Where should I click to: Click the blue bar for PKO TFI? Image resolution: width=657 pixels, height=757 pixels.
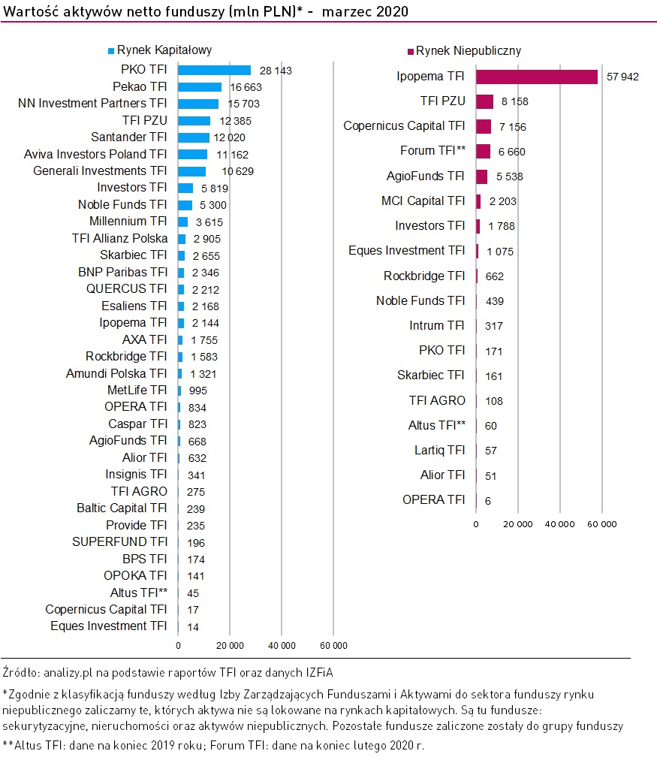point(214,70)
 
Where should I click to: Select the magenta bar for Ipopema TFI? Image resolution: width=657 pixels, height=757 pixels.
point(536,77)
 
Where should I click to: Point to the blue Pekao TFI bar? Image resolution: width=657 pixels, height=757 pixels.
point(200,87)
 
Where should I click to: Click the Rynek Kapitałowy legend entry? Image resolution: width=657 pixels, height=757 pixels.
point(159,50)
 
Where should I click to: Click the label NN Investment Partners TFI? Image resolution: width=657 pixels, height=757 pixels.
point(92,104)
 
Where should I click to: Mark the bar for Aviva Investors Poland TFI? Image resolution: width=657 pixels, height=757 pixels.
point(192,154)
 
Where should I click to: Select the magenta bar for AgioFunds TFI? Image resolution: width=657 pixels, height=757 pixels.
point(481,176)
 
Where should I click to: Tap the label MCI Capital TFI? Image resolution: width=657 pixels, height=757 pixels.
point(423,201)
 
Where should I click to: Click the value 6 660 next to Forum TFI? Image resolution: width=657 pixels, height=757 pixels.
point(511,152)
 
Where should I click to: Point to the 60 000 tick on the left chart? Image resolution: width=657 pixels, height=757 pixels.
point(333,645)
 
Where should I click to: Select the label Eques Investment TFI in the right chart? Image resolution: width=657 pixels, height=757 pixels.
point(407,250)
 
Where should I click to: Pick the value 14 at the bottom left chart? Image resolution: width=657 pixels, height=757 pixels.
point(194,627)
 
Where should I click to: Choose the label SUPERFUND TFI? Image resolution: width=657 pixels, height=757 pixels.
point(119,541)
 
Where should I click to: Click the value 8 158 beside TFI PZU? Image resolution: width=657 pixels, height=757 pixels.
point(511,102)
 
